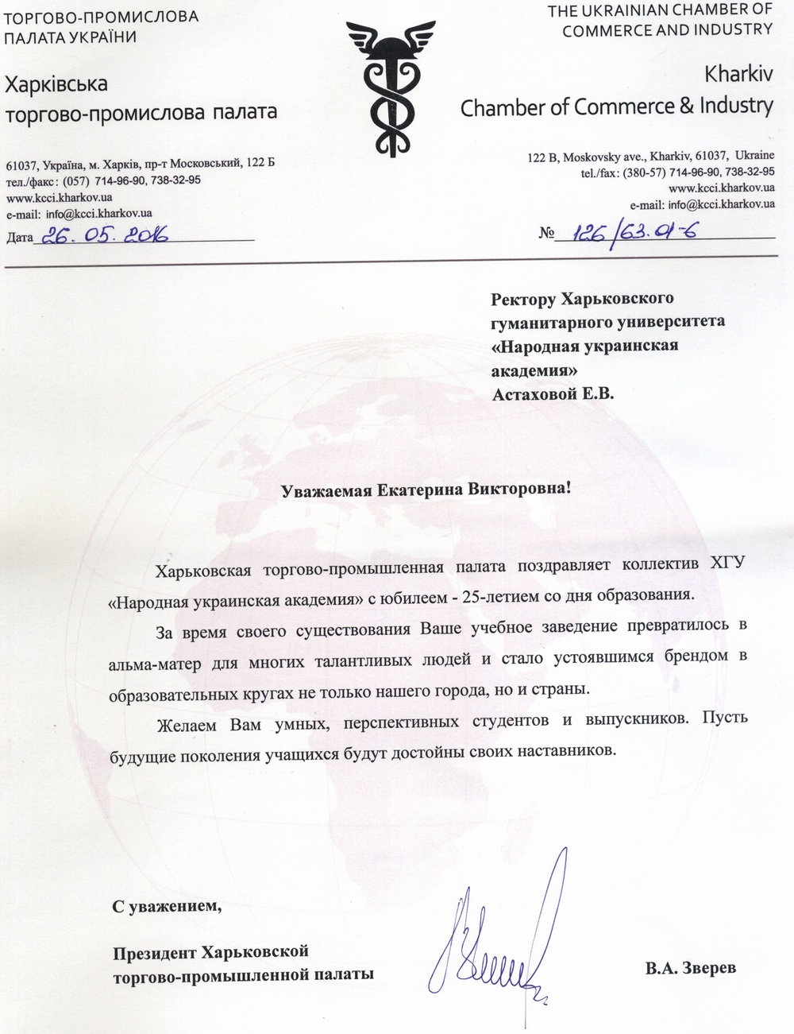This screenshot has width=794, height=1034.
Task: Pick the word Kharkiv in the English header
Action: click(x=738, y=76)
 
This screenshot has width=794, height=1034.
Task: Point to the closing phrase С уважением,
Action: click(x=164, y=905)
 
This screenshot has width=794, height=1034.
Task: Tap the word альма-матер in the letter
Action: click(x=146, y=660)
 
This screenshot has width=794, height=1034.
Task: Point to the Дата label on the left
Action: click(x=20, y=237)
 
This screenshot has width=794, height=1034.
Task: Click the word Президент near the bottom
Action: click(x=155, y=951)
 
